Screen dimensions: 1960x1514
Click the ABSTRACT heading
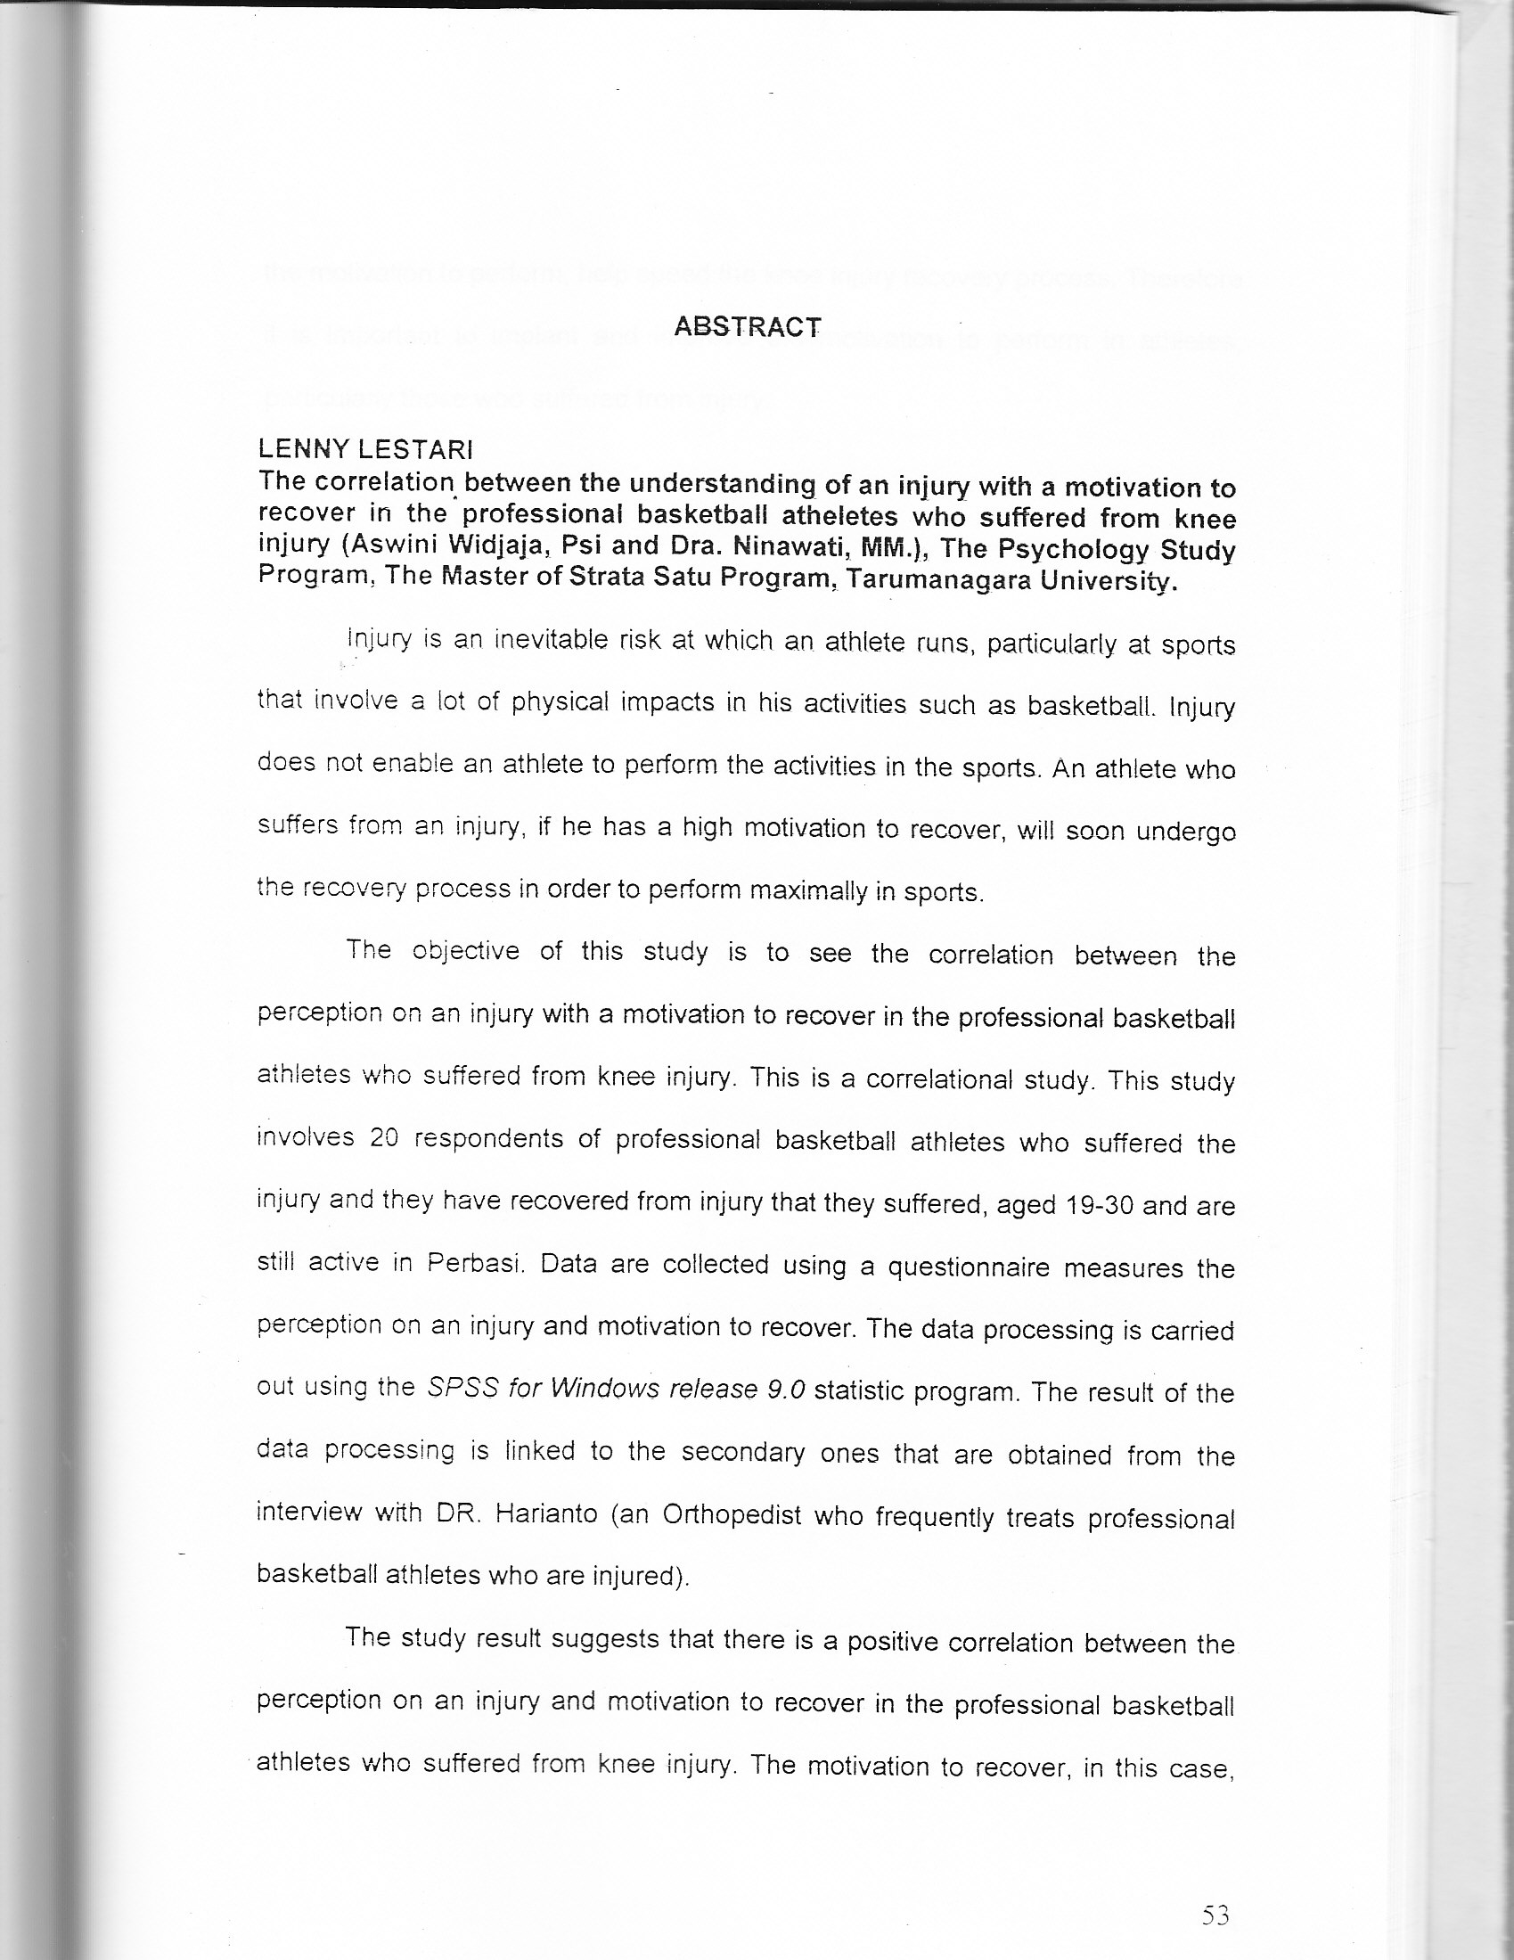click(747, 325)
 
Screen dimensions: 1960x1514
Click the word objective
click(465, 950)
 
